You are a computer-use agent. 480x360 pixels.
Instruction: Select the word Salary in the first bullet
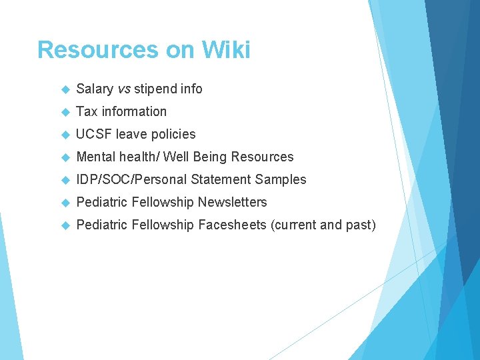[94, 89]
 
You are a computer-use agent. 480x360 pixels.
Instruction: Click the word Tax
[87, 111]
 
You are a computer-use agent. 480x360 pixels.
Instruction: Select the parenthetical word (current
[293, 225]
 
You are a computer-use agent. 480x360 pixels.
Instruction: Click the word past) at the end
[360, 225]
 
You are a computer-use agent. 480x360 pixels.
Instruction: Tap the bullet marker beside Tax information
[65, 112]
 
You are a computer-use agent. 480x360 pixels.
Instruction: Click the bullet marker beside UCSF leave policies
[65, 135]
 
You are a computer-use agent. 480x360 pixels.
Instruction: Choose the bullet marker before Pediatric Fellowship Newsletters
[65, 203]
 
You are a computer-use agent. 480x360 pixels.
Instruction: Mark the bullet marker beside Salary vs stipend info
[65, 89]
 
